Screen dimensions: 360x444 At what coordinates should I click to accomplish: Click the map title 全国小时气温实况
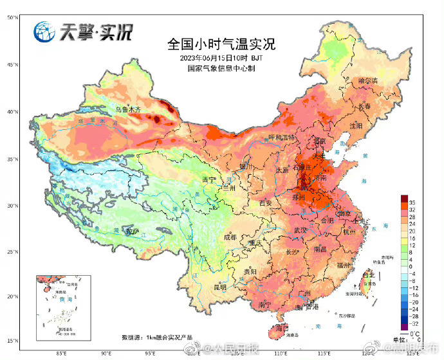point(221,45)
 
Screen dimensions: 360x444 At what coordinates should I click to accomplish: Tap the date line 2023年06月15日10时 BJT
point(221,58)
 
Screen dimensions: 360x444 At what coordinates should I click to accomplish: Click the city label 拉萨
point(133,231)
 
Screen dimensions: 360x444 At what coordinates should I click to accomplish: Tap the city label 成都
point(230,237)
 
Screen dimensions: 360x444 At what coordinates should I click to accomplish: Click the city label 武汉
point(301,230)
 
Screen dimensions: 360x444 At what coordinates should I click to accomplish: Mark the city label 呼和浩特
point(281,138)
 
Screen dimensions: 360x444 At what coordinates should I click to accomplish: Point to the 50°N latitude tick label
point(12,17)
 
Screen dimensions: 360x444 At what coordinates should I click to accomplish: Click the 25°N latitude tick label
point(12,251)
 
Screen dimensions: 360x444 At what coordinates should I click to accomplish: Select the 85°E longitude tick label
point(62,352)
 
